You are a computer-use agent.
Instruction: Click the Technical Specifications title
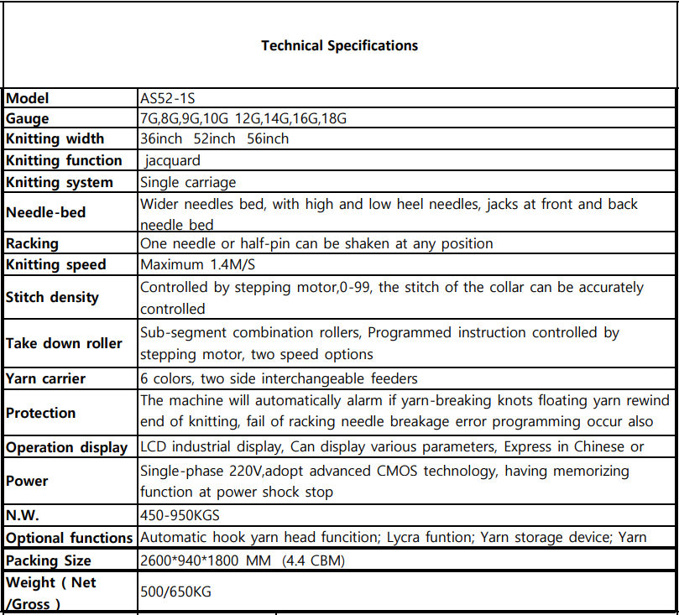tap(339, 45)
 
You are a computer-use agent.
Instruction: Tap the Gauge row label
tap(28, 118)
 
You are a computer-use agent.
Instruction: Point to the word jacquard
tap(172, 160)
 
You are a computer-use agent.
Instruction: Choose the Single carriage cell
tap(188, 182)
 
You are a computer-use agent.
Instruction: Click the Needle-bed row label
tap(46, 212)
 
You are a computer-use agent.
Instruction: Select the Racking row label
tap(33, 243)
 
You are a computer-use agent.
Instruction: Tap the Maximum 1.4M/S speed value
tap(199, 264)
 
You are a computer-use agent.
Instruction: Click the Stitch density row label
tap(52, 297)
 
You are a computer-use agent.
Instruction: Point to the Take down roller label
tap(64, 343)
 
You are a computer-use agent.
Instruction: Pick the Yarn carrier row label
tap(46, 378)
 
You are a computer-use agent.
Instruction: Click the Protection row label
tap(41, 413)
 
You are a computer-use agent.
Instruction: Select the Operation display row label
tap(67, 447)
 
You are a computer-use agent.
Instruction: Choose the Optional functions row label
tap(70, 538)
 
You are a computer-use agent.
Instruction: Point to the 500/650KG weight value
tap(175, 592)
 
